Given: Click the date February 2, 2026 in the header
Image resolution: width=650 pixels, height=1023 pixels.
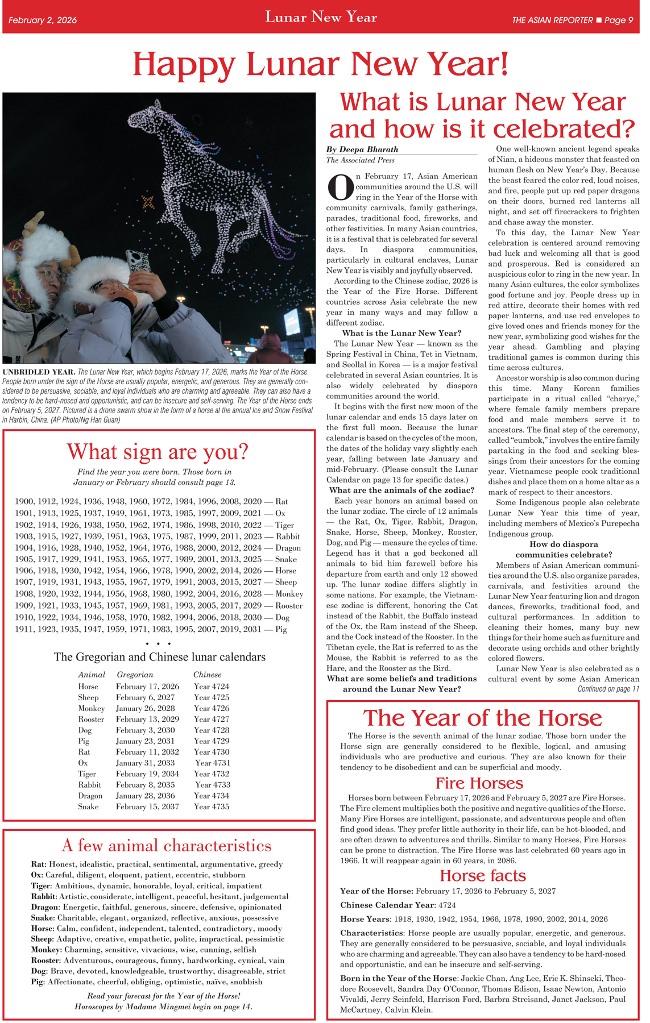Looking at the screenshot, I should click(43, 20).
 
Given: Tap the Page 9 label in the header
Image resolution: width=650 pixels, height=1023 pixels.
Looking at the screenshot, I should click(619, 20).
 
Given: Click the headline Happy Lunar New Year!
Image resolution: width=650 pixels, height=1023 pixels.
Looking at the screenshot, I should click(320, 64).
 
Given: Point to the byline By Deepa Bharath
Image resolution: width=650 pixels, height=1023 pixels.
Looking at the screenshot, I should click(362, 149).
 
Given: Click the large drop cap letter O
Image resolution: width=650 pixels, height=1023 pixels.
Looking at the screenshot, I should click(341, 187).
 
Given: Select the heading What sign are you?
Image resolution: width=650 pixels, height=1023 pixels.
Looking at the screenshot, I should click(158, 452).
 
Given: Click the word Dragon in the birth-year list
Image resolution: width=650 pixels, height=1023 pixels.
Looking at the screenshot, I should click(288, 548).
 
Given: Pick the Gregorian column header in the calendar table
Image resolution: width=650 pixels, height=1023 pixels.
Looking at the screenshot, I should click(135, 675).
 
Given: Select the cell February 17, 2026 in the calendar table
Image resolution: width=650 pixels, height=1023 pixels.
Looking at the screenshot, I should click(147, 687).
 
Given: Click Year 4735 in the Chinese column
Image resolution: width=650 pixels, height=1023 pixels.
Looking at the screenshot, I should click(212, 806).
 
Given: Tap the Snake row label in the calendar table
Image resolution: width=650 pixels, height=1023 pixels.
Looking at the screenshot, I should click(88, 806).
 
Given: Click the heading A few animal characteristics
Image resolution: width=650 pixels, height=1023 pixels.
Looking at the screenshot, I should click(166, 846).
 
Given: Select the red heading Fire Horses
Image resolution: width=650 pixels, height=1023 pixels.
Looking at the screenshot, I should click(479, 783).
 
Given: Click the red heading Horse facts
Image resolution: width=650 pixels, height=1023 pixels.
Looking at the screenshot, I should click(482, 876).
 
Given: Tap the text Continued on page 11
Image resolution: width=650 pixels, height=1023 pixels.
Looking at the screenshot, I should click(608, 689).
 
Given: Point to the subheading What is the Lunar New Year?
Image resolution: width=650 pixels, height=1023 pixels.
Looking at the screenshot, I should click(401, 333).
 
